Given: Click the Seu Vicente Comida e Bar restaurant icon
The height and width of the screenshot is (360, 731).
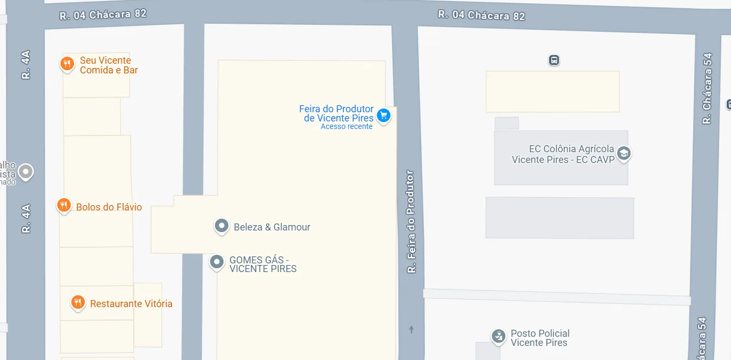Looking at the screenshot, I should [67, 64].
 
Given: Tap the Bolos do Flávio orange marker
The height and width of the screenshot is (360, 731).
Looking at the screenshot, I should [64, 205].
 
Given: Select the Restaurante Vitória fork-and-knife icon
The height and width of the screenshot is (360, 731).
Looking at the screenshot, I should [78, 302].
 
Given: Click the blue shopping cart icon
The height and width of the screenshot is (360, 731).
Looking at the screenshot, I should [383, 115].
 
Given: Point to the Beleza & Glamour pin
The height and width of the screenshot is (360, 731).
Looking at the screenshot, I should [221, 226].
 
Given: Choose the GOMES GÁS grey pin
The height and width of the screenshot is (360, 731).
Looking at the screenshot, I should [216, 262].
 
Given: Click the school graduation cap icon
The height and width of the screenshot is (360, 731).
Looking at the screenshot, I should [624, 153].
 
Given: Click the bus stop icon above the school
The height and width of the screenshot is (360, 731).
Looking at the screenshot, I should [553, 60].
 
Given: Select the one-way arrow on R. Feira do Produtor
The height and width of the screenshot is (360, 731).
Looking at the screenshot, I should [411, 329].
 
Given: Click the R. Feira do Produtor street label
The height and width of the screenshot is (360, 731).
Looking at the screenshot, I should [411, 221].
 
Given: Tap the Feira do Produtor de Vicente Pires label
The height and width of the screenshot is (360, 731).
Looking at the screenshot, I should [336, 113].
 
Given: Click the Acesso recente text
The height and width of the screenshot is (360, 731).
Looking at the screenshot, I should [347, 127].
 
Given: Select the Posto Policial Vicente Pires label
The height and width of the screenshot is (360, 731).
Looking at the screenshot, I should [540, 338].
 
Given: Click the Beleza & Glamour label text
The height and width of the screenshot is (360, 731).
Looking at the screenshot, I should [272, 227].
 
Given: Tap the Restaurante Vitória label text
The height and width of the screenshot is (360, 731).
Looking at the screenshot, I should [131, 304].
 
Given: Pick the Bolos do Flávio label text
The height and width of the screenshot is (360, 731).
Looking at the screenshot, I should [109, 207].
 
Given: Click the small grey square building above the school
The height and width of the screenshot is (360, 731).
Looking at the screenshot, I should [506, 123].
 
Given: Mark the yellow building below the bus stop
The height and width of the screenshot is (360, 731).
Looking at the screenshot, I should [552, 91].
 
